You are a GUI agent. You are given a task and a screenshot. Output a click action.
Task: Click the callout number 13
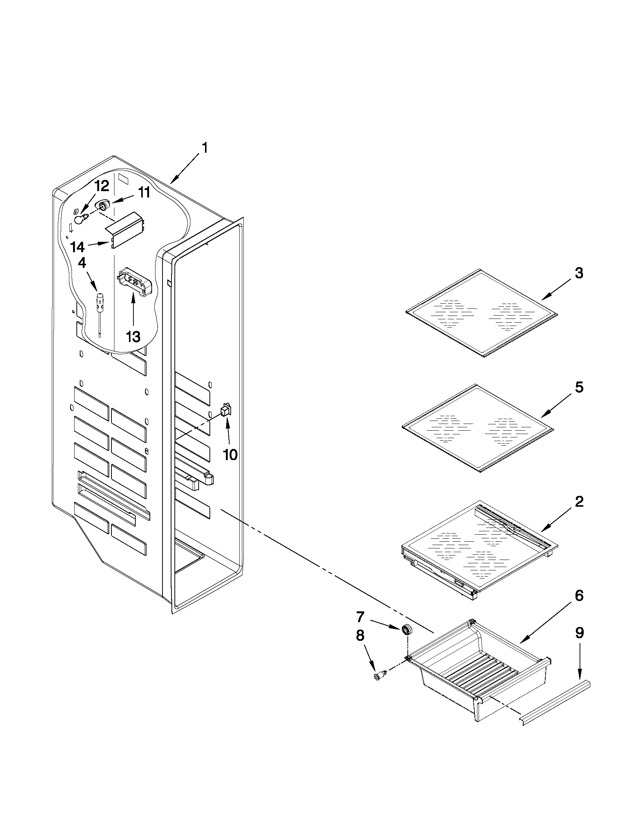click(x=133, y=336)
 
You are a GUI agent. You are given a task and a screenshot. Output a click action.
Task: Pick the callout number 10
click(x=230, y=455)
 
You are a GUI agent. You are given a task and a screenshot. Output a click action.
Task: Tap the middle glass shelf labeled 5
click(x=478, y=428)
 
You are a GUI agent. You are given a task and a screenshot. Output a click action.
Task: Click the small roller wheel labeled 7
click(x=406, y=630)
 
